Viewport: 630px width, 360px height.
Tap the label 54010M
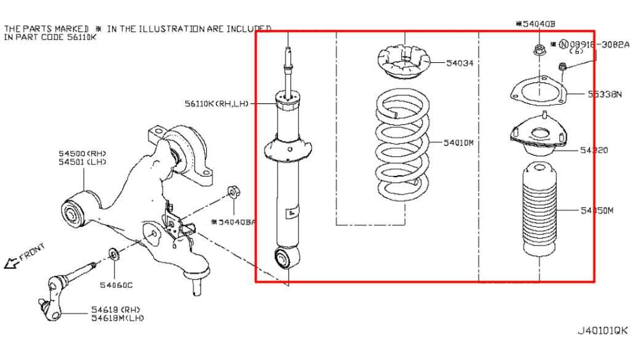pyautogui.click(x=459, y=143)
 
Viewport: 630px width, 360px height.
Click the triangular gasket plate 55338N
pyautogui.click(x=538, y=92)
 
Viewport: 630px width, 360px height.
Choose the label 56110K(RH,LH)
pyautogui.click(x=215, y=103)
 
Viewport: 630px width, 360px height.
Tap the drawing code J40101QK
pyautogui.click(x=601, y=330)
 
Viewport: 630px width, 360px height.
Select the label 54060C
pyautogui.click(x=116, y=285)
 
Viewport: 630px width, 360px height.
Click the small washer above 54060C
pyautogui.click(x=113, y=254)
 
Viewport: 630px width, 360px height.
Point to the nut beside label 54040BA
pyautogui.click(x=233, y=192)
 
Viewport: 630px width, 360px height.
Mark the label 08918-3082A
pyautogui.click(x=599, y=44)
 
